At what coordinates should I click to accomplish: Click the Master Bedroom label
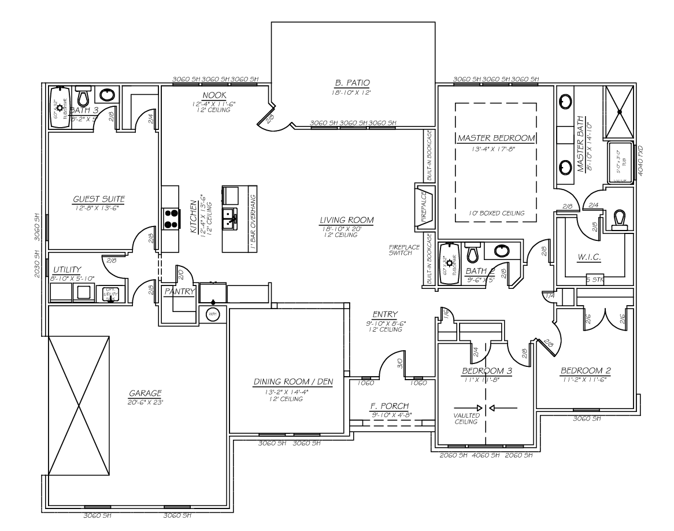tap(495, 139)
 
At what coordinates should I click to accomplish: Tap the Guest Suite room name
tap(99, 199)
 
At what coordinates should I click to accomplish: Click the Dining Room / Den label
tap(293, 382)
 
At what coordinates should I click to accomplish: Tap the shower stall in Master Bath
tap(619, 110)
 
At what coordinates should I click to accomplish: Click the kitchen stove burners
tap(171, 217)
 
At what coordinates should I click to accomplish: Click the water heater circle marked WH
tap(213, 313)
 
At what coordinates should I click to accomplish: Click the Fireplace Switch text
tap(400, 250)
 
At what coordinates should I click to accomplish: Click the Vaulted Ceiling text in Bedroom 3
tap(465, 418)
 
